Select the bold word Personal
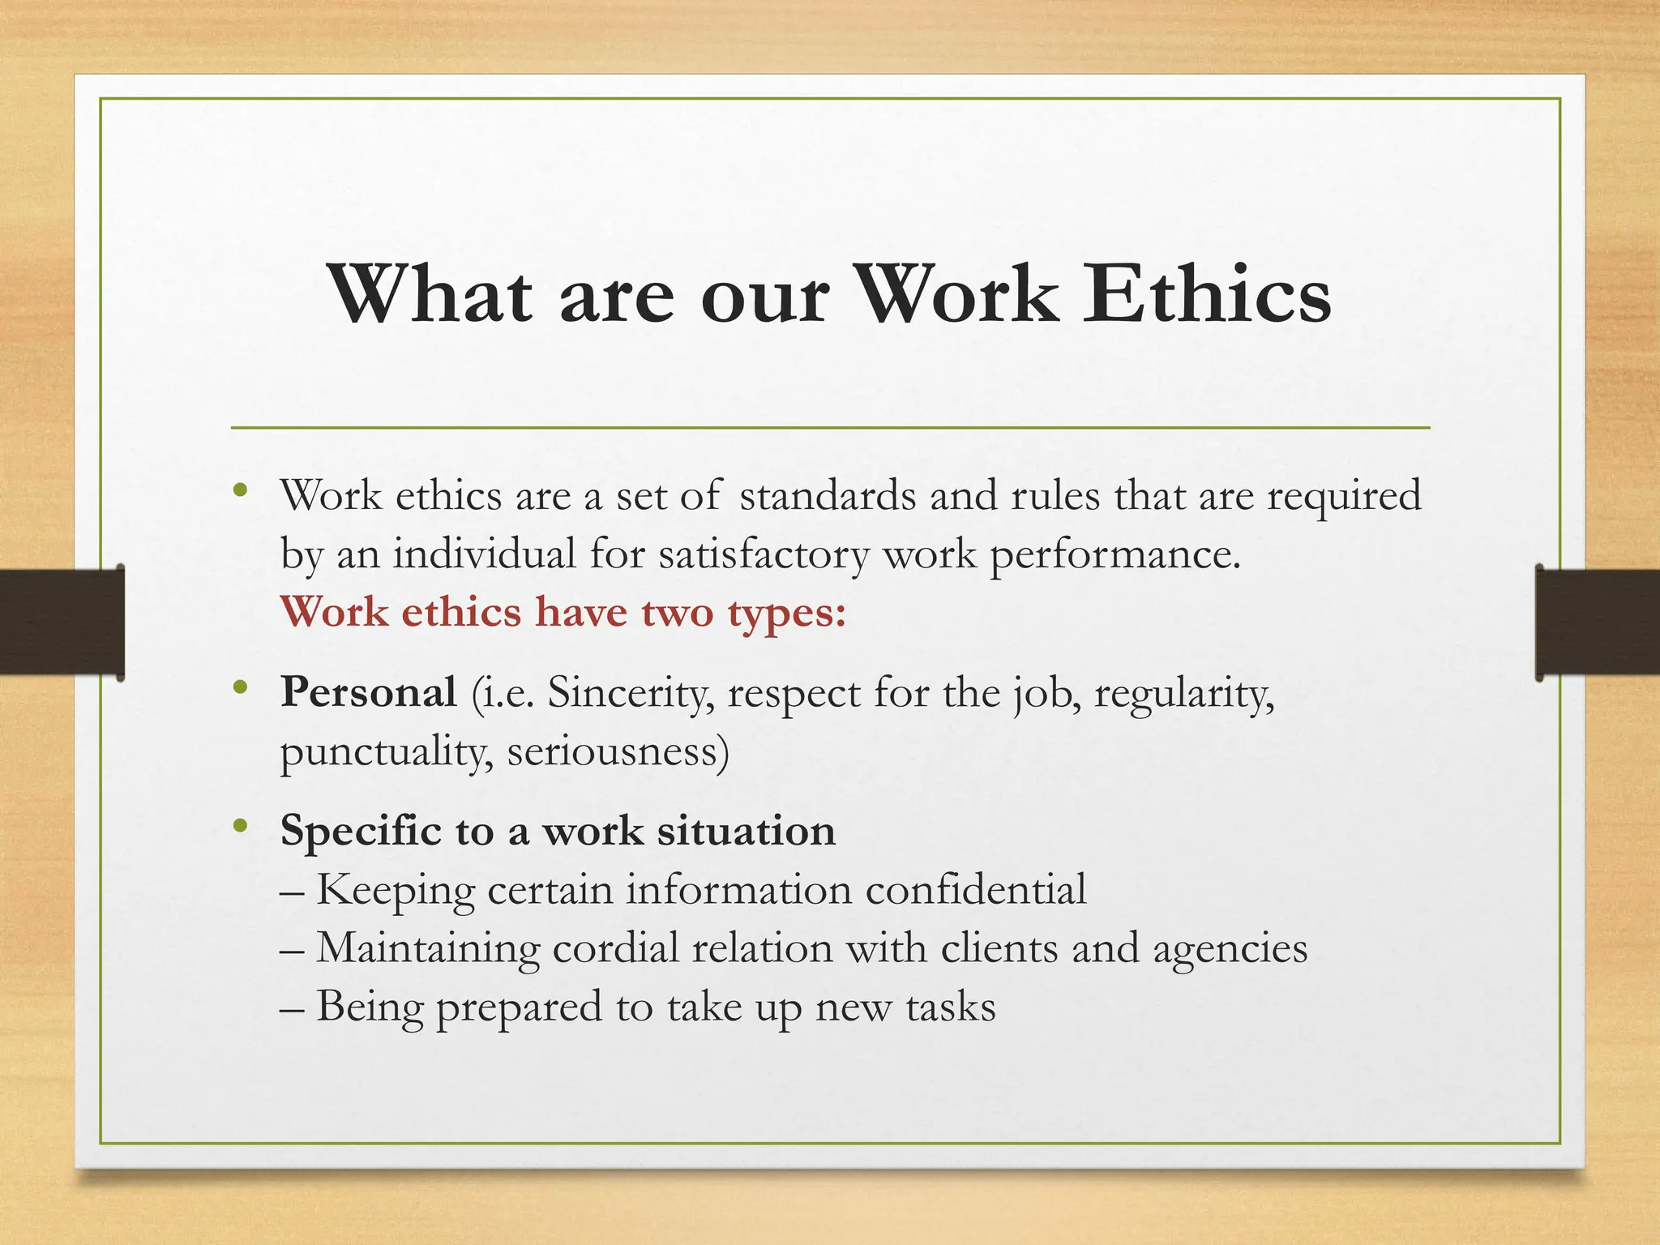[x=368, y=692]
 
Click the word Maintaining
[x=428, y=948]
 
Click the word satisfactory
[x=764, y=554]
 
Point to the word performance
[x=1115, y=554]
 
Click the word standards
[x=828, y=495]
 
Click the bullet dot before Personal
[x=239, y=688]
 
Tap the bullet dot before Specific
[x=239, y=826]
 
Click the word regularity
[x=1183, y=694]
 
